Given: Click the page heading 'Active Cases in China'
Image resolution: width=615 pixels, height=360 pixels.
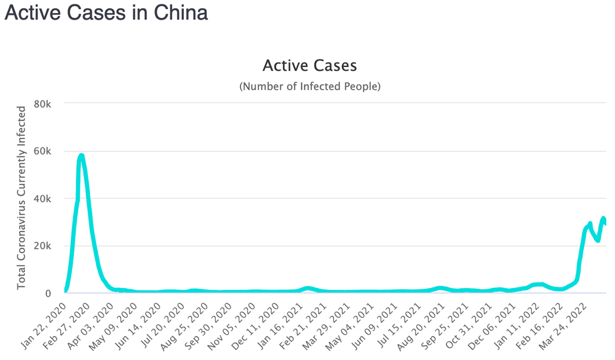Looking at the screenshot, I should tap(106, 13).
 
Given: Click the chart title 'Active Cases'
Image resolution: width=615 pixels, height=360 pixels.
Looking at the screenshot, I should tap(309, 65).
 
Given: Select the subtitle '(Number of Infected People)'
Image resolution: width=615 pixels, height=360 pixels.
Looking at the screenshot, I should tap(309, 86).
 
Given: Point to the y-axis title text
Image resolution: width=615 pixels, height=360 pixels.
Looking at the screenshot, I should tap(22, 198).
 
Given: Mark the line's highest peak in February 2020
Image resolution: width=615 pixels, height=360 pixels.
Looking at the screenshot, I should tap(81, 156).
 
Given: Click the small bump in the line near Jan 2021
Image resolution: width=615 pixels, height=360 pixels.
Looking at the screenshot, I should tap(308, 288).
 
